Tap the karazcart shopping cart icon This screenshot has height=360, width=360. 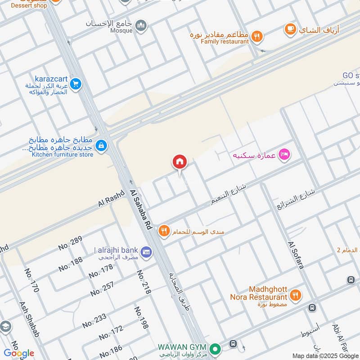click(76, 83)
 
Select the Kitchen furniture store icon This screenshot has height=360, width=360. click(101, 145)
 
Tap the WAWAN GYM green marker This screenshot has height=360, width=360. click(216, 348)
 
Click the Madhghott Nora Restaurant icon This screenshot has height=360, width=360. click(296, 295)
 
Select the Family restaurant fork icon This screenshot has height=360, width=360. click(256, 36)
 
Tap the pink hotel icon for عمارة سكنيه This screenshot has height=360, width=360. click(284, 155)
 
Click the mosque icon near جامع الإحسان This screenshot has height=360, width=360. click(141, 26)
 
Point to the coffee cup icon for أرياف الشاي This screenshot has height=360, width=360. click(291, 30)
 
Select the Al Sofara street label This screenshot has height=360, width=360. click(296, 255)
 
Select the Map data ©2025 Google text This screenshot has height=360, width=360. click(325, 355)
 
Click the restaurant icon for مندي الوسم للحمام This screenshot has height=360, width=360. click(164, 231)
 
